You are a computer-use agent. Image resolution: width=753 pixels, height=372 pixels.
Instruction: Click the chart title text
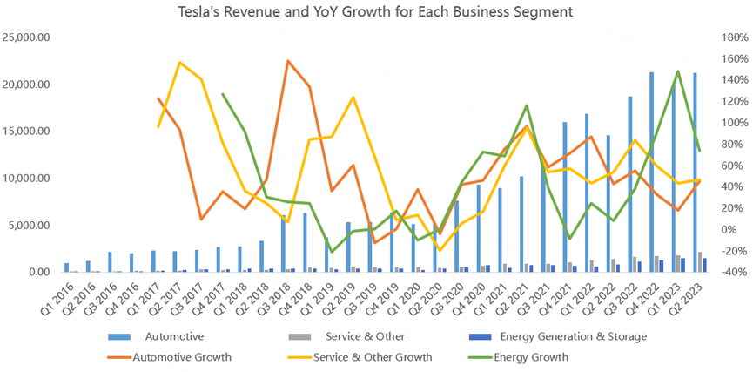click(376, 12)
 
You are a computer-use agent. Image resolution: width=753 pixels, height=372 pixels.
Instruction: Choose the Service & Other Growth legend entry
click(375, 356)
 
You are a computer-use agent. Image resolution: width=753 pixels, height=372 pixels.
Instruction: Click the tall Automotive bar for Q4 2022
click(651, 174)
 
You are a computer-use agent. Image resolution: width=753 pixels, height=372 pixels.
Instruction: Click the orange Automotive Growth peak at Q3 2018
click(288, 61)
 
